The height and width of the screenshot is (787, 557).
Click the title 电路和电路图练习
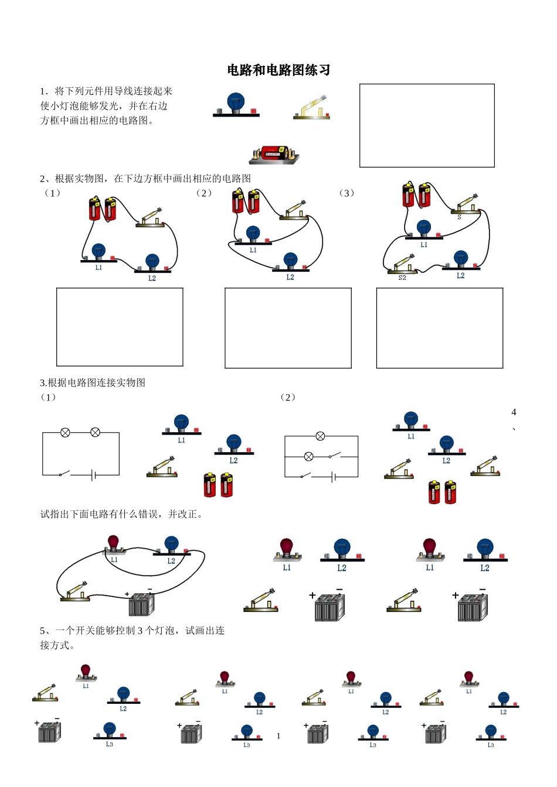click(x=278, y=70)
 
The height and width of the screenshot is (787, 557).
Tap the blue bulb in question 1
click(x=236, y=102)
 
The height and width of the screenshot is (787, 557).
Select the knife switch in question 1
click(x=312, y=109)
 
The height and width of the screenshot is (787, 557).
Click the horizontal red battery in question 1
click(x=273, y=153)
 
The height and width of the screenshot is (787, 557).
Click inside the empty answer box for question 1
click(x=427, y=125)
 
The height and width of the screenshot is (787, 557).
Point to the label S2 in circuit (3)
click(x=402, y=278)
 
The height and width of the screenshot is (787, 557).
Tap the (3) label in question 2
click(x=347, y=193)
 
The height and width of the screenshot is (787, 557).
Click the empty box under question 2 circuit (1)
click(x=120, y=327)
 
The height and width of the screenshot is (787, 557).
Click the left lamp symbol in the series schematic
click(x=66, y=433)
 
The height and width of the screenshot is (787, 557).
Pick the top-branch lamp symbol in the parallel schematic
click(x=320, y=436)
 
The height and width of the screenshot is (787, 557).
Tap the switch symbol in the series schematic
click(x=64, y=474)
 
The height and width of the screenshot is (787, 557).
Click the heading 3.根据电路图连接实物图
click(x=93, y=383)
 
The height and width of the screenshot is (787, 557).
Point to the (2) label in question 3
click(x=287, y=398)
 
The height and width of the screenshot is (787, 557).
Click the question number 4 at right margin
click(x=514, y=412)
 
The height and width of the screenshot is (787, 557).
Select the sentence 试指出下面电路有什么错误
click(x=121, y=514)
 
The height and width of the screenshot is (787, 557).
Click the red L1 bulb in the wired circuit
click(x=113, y=543)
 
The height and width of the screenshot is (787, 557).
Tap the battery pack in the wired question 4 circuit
click(x=141, y=604)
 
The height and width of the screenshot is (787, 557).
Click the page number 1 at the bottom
click(x=278, y=736)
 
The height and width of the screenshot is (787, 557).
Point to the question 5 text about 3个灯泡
click(x=132, y=631)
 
